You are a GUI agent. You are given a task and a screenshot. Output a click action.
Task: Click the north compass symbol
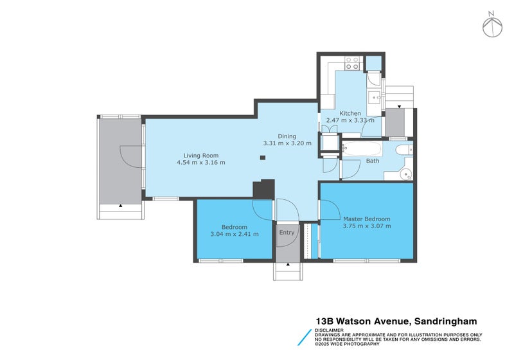(x=492, y=25)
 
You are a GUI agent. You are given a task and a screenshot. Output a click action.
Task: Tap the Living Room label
(x=200, y=156)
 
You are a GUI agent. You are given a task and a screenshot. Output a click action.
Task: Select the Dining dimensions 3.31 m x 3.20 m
(x=287, y=143)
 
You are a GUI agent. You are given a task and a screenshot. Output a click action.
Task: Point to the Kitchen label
(x=350, y=113)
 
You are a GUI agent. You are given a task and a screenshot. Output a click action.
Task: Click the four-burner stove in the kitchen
(x=352, y=63)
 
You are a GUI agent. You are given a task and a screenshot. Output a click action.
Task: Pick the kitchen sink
(x=374, y=97)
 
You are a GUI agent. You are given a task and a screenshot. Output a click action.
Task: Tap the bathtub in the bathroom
(x=362, y=149)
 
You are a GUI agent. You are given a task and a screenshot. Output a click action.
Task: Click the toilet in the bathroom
(x=404, y=150)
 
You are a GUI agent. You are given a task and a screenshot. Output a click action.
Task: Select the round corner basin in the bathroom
(x=407, y=173)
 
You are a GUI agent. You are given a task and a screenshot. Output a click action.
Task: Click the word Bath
(x=373, y=161)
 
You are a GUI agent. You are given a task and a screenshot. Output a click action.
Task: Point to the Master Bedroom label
(x=366, y=219)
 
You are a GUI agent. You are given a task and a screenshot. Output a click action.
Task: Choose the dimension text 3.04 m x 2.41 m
(x=235, y=234)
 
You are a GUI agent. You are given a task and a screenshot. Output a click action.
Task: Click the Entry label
(x=287, y=233)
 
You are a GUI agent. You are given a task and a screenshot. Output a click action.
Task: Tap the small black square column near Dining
(x=263, y=157)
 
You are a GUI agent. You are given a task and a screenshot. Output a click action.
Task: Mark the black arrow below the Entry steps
(x=288, y=264)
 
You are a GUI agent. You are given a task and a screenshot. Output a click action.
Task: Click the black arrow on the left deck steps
(x=121, y=206)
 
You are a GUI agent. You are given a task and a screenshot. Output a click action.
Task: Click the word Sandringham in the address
(x=445, y=321)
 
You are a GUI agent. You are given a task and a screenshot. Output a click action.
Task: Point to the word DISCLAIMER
(x=329, y=330)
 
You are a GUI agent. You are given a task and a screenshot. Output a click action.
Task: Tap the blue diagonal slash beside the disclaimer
(x=305, y=337)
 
